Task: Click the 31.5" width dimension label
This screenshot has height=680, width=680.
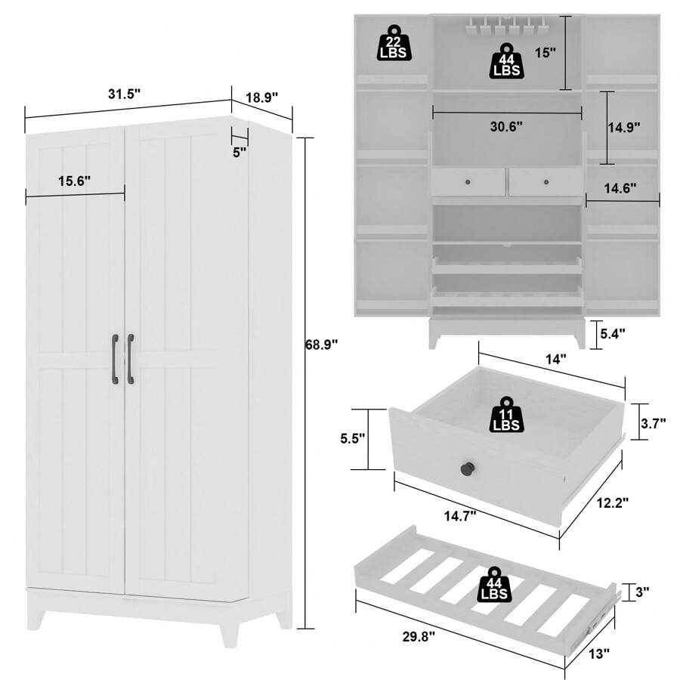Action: (124, 94)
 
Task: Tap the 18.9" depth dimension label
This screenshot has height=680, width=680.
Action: (262, 97)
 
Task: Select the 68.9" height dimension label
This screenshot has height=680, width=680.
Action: (321, 344)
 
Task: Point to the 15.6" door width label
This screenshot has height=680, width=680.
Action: (74, 181)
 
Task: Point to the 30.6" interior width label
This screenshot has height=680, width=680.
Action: (505, 127)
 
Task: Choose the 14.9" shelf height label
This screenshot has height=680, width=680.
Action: (624, 127)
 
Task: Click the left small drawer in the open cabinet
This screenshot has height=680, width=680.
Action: (468, 182)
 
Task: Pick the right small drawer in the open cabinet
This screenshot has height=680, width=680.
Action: (545, 182)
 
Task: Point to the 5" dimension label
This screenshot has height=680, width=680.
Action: (240, 152)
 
